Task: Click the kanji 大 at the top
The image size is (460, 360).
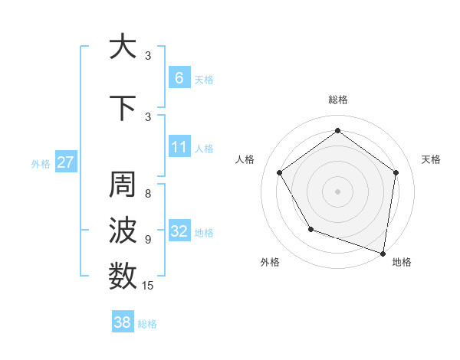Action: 122,47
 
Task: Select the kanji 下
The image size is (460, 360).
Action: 122,108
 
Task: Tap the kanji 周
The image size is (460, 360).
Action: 122,186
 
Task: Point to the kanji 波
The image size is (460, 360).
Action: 122,230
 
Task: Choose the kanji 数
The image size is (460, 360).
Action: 122,276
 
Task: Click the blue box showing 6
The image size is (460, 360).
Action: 179,77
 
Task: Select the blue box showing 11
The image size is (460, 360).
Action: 179,146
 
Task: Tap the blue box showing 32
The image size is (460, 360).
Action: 179,231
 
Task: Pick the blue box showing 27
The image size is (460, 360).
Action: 65,162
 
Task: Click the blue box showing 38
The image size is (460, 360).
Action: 122,322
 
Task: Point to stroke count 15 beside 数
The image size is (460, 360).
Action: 148,286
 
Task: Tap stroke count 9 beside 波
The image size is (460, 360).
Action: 148,239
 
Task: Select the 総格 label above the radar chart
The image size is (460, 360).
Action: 337,100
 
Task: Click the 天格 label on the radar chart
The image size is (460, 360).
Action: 431,159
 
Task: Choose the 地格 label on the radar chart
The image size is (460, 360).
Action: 402,263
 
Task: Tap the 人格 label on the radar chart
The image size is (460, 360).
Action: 245,159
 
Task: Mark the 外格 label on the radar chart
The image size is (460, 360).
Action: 270,263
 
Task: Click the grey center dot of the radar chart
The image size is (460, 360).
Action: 337,191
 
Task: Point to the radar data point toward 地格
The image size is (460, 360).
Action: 383,252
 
